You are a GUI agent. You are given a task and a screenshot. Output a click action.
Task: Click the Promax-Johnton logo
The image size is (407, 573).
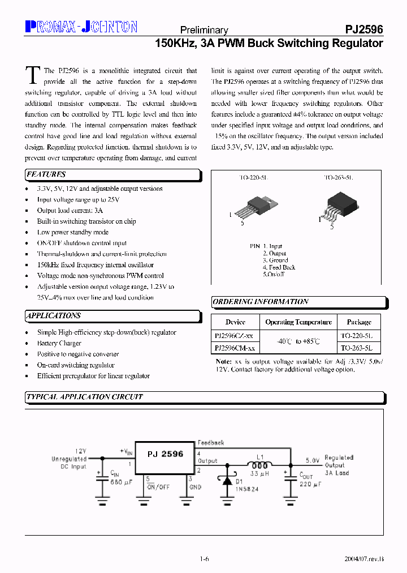(81, 26)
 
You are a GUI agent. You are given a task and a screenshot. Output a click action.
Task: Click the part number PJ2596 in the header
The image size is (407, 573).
(364, 30)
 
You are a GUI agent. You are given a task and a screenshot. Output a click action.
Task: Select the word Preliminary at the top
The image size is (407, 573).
(203, 31)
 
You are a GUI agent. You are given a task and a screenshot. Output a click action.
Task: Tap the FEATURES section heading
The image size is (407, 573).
(46, 174)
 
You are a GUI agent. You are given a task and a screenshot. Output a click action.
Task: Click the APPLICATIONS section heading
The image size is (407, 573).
(54, 315)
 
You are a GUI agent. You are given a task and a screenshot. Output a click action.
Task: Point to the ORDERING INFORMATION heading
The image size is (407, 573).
(261, 302)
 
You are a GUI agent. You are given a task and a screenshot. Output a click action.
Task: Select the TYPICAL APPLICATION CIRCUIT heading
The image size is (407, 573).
(84, 397)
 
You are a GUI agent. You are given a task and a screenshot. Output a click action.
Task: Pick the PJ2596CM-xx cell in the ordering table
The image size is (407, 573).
(235, 349)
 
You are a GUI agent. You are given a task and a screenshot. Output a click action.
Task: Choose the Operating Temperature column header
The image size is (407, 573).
(298, 322)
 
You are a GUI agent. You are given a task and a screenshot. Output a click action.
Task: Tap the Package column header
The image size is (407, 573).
(359, 322)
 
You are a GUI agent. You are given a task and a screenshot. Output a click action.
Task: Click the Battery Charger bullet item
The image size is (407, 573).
(59, 343)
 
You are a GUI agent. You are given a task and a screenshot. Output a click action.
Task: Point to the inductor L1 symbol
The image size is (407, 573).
(260, 465)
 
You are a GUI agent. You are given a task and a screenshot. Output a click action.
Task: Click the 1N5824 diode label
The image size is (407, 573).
(248, 489)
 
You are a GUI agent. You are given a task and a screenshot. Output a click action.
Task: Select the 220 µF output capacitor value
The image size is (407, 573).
(311, 485)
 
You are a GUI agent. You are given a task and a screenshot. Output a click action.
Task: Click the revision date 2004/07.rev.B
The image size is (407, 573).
(364, 559)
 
